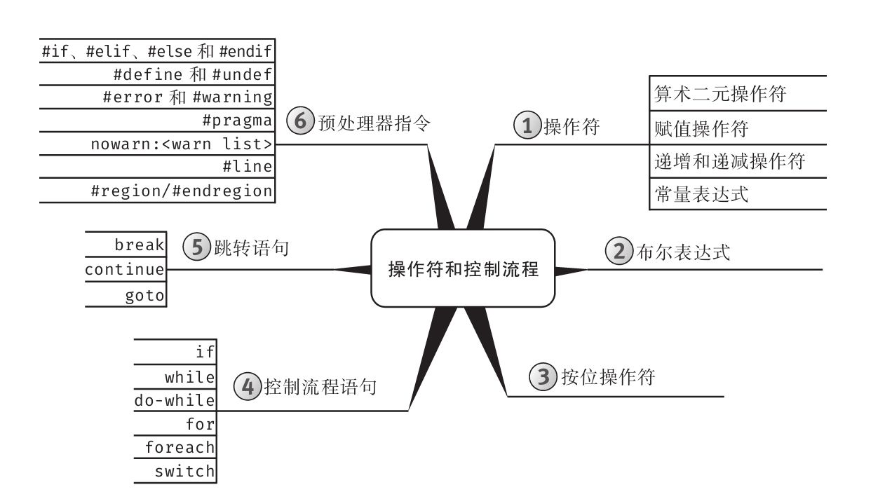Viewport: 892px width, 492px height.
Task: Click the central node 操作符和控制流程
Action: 463,268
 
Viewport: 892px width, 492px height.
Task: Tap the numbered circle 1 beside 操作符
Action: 527,125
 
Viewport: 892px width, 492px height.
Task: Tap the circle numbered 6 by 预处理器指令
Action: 300,121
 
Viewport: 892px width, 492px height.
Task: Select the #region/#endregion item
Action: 182,191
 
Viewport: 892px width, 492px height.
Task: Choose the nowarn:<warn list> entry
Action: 182,144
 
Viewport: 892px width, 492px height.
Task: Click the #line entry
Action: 246,167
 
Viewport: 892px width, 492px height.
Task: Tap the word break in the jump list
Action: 140,245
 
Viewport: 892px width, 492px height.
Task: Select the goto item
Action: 144,296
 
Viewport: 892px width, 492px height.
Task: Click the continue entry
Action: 125,270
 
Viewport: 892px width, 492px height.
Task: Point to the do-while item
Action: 175,400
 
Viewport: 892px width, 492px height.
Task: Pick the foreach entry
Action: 180,447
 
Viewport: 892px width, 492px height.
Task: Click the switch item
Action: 184,472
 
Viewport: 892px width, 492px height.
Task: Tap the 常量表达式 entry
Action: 701,194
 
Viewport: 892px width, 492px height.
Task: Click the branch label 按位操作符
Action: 608,377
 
